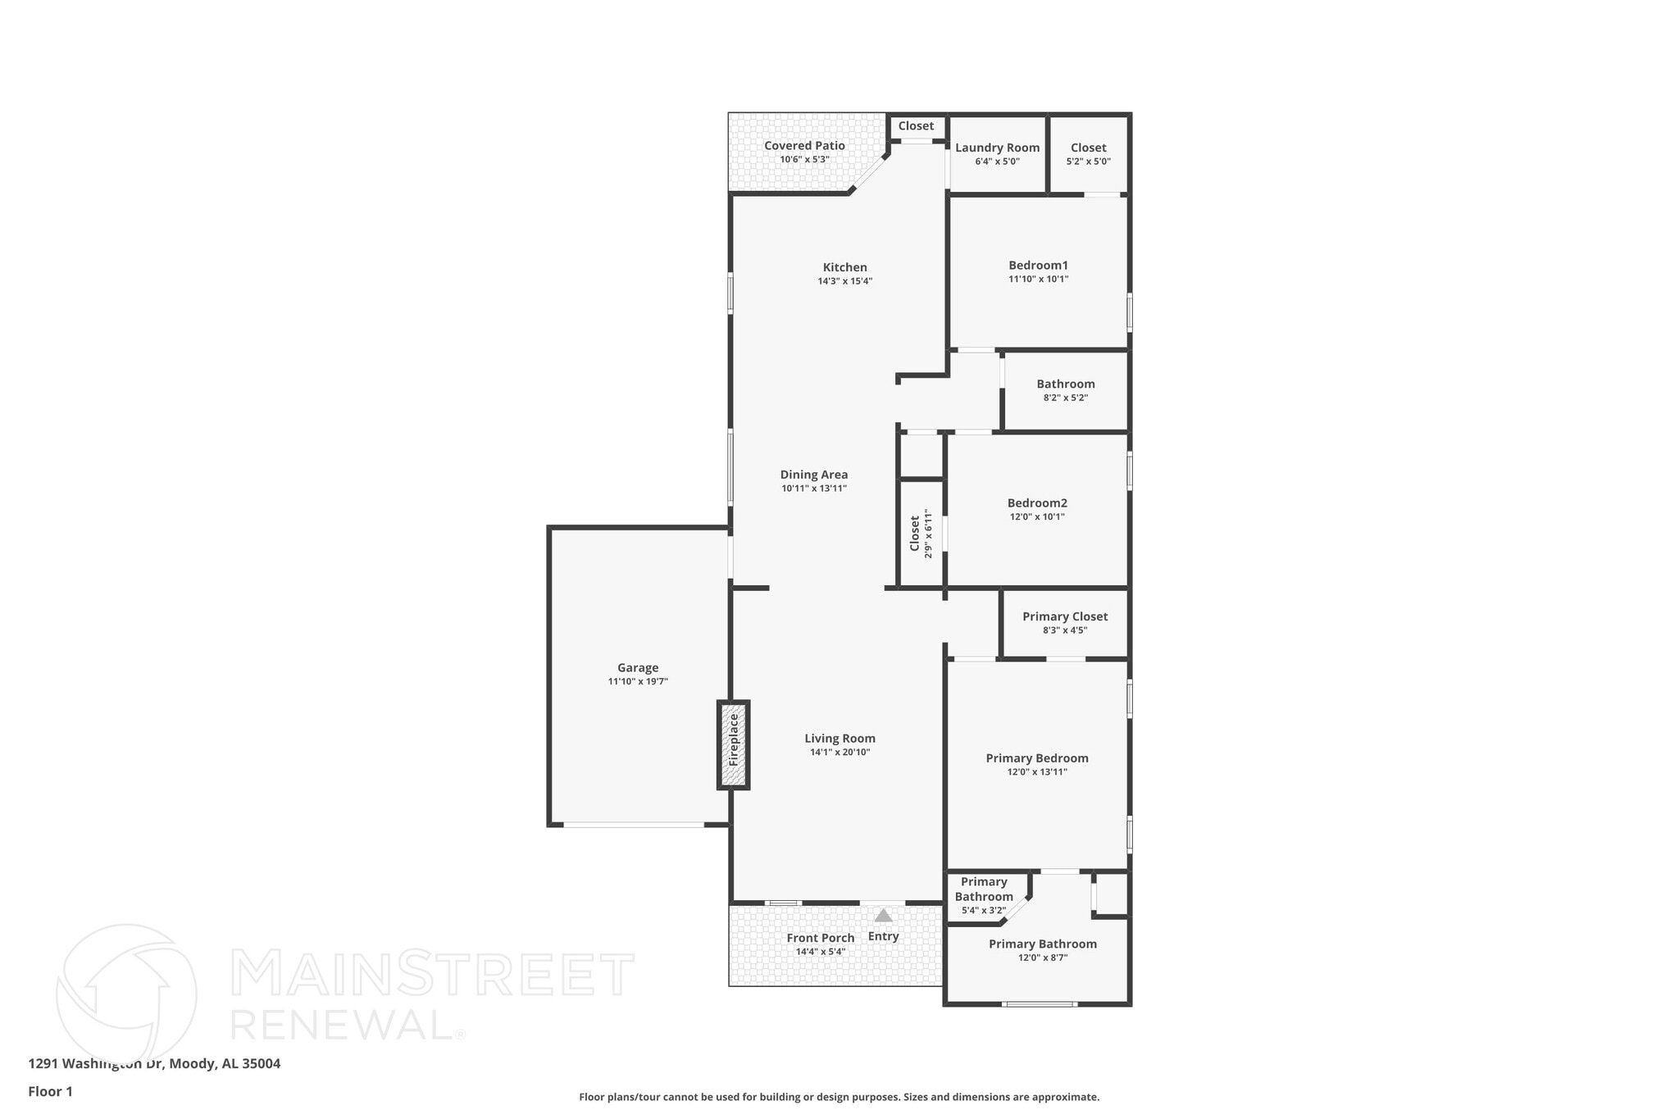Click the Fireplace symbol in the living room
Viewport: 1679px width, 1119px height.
(734, 744)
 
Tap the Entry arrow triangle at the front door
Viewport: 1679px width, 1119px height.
(883, 916)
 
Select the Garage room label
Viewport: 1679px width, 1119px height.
(638, 668)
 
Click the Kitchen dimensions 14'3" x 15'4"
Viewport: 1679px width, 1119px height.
(844, 281)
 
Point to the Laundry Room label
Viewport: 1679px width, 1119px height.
(997, 148)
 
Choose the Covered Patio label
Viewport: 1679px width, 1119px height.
(804, 146)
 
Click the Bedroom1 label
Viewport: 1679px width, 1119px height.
(1038, 265)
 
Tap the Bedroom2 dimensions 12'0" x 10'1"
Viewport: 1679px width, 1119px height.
(1037, 517)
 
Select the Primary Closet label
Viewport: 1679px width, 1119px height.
(1064, 616)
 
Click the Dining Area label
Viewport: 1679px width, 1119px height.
(813, 475)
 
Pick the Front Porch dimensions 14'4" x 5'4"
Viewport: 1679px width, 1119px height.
(820, 952)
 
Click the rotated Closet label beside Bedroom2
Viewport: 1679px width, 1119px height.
(915, 533)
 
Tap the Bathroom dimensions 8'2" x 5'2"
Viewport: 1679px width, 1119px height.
(1065, 398)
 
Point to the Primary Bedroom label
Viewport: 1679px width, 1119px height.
(1037, 758)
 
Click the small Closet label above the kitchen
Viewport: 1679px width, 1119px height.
(916, 126)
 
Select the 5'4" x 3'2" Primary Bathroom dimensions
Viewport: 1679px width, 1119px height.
(983, 910)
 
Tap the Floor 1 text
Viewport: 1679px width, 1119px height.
(50, 1092)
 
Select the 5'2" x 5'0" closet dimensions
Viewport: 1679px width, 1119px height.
(1088, 161)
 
